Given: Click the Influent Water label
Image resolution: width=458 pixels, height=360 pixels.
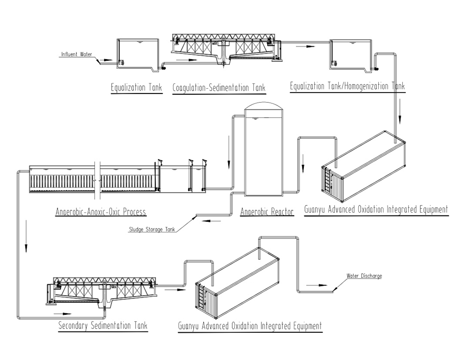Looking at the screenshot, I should (76, 54).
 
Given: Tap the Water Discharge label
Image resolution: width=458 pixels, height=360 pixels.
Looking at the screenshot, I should (364, 276).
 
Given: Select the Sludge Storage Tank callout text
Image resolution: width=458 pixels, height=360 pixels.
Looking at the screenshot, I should (152, 229).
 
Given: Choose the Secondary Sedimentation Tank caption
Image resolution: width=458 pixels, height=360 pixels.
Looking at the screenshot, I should (103, 326).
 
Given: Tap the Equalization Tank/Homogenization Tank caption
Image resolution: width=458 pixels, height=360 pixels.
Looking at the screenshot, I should (347, 86).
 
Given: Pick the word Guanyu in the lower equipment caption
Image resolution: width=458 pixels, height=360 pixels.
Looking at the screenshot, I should (190, 326).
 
